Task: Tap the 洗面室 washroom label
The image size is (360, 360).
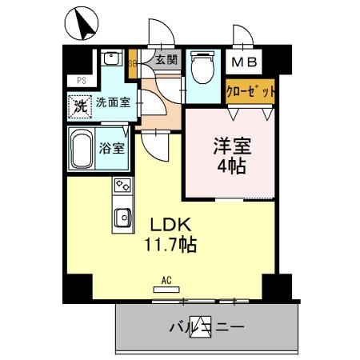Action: (113, 102)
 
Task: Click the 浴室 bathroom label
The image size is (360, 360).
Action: (111, 147)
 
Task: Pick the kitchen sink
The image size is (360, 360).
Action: (122, 217)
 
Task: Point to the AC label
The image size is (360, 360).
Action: (167, 280)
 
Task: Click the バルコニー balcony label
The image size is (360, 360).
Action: (206, 327)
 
